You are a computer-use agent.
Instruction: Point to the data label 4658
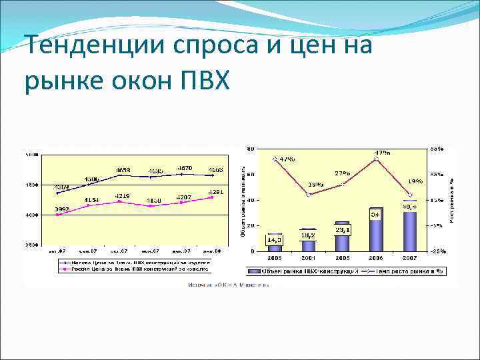[x=123, y=170]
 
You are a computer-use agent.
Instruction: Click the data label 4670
[x=185, y=168]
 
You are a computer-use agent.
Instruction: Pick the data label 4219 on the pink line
[x=122, y=195]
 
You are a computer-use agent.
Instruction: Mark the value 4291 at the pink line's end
[x=215, y=192]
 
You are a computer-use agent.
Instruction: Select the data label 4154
[x=91, y=200]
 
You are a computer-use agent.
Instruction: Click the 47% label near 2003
[x=287, y=159]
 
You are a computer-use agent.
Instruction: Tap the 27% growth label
[x=343, y=173]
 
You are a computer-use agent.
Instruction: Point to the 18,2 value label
[x=309, y=235]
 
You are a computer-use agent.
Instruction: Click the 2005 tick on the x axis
[x=342, y=257]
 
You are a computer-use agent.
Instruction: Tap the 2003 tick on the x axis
[x=274, y=257]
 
